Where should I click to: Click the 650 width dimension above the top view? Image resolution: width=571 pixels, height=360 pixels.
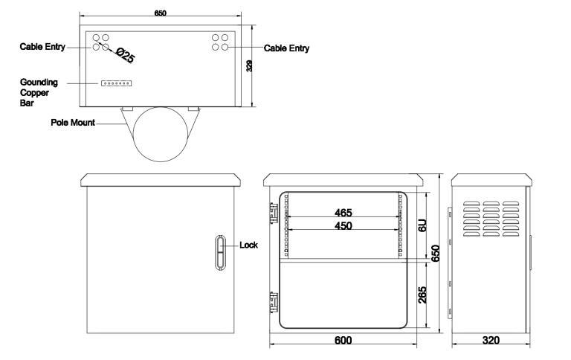(161, 13)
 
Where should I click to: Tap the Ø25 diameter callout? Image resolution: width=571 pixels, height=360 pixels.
(125, 55)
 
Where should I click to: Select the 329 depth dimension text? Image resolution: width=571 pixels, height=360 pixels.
(250, 66)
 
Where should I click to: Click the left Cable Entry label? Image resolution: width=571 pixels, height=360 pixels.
(42, 47)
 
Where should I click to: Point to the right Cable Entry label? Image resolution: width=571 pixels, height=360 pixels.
(286, 48)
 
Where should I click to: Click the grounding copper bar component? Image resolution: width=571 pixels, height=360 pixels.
(116, 83)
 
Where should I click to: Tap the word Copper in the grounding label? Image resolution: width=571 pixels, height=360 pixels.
(34, 93)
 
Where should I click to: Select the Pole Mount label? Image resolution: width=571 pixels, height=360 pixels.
(73, 123)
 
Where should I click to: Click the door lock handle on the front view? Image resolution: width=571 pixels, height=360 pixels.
(220, 252)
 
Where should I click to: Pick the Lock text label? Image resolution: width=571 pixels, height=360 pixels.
(249, 245)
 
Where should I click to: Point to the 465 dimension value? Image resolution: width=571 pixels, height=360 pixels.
(343, 213)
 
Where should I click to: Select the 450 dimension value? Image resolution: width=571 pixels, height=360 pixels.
(343, 226)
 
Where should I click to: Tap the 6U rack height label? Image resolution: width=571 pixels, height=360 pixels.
(422, 225)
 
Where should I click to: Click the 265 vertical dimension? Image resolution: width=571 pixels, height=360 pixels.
(422, 295)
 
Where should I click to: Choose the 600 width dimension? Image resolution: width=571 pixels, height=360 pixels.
(343, 341)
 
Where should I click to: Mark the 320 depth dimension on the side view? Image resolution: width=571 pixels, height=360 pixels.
(491, 341)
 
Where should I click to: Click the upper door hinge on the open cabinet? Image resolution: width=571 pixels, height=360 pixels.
(274, 213)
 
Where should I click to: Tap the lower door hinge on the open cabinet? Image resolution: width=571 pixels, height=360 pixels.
(274, 302)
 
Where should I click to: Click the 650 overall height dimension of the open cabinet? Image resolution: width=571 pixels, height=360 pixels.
(436, 253)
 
